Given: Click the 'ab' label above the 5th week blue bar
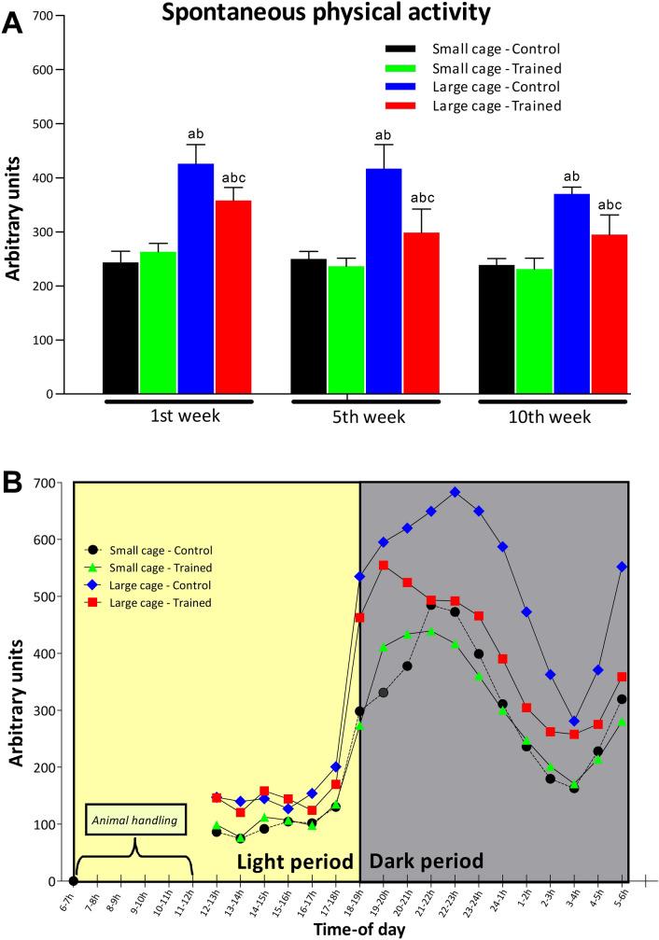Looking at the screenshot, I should (x=384, y=135).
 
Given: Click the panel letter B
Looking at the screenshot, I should (x=12, y=484).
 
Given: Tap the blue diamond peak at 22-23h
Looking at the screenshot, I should (x=455, y=491).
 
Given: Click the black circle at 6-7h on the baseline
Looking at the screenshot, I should (x=74, y=880).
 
